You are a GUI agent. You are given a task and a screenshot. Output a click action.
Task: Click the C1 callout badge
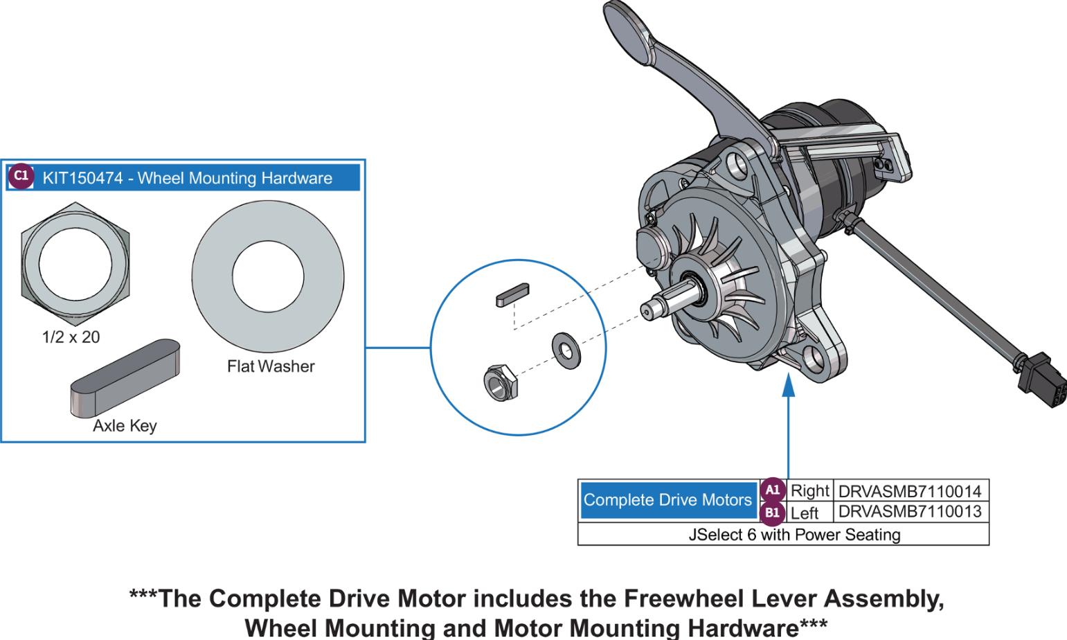click(21, 176)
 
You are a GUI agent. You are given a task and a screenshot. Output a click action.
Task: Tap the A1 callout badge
click(772, 490)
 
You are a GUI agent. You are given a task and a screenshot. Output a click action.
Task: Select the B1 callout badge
click(772, 513)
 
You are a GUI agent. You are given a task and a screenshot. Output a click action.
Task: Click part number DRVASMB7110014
click(909, 491)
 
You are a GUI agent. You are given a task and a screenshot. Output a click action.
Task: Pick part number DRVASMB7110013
click(909, 512)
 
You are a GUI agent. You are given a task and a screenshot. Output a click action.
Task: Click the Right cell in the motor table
click(809, 491)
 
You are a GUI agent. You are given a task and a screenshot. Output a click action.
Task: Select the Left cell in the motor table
click(805, 513)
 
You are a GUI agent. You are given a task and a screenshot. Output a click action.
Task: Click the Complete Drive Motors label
click(667, 500)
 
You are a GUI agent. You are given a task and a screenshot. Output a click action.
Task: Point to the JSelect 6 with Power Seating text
click(794, 535)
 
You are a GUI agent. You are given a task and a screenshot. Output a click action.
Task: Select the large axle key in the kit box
click(125, 377)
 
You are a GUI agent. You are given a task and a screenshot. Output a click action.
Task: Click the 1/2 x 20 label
click(71, 337)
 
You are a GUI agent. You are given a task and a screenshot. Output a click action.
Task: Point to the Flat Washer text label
click(271, 366)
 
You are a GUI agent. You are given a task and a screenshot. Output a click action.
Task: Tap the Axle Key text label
click(125, 426)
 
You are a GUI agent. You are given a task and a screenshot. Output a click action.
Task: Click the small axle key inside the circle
click(512, 294)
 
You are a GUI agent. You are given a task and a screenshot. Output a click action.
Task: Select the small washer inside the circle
click(566, 350)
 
